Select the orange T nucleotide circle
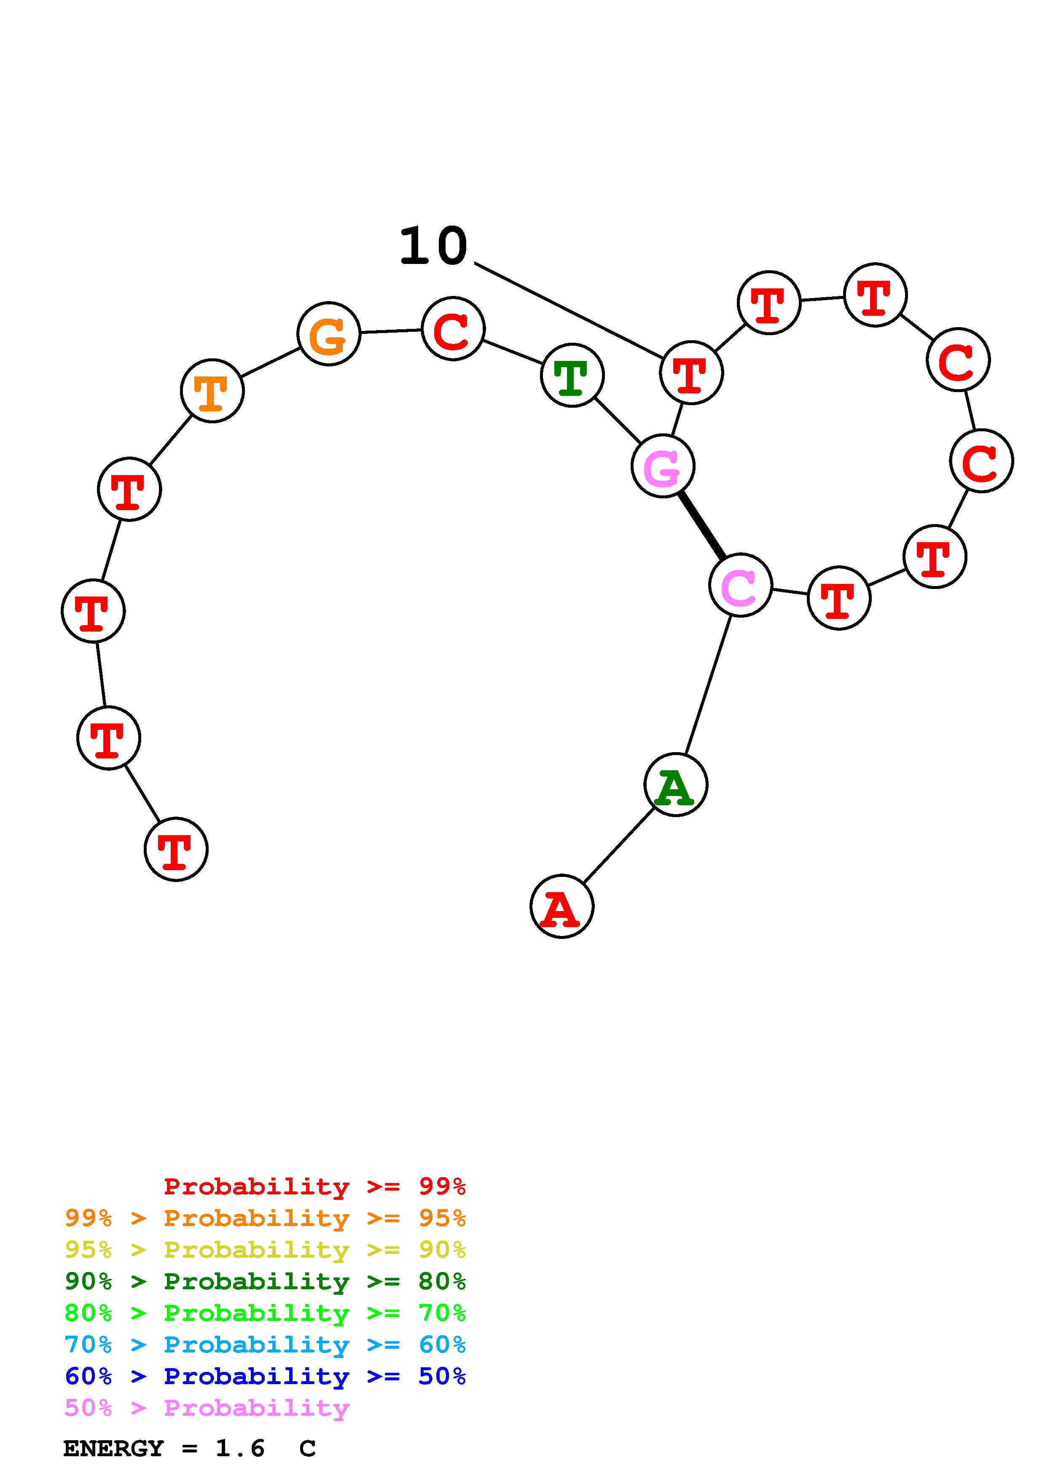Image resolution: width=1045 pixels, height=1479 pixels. pos(212,391)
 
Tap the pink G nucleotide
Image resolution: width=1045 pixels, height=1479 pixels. pos(663,466)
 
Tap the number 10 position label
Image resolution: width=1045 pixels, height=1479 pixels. pos(433,246)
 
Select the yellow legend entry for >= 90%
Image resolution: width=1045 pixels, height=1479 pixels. pos(265,1250)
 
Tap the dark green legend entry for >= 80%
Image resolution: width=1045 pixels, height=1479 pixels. pos(265,1281)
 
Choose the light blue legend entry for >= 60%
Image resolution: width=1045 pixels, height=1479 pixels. pos(265,1345)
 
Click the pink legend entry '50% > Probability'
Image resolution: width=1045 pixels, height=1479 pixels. pos(207,1408)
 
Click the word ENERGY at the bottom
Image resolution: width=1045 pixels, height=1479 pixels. pos(113,1449)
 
